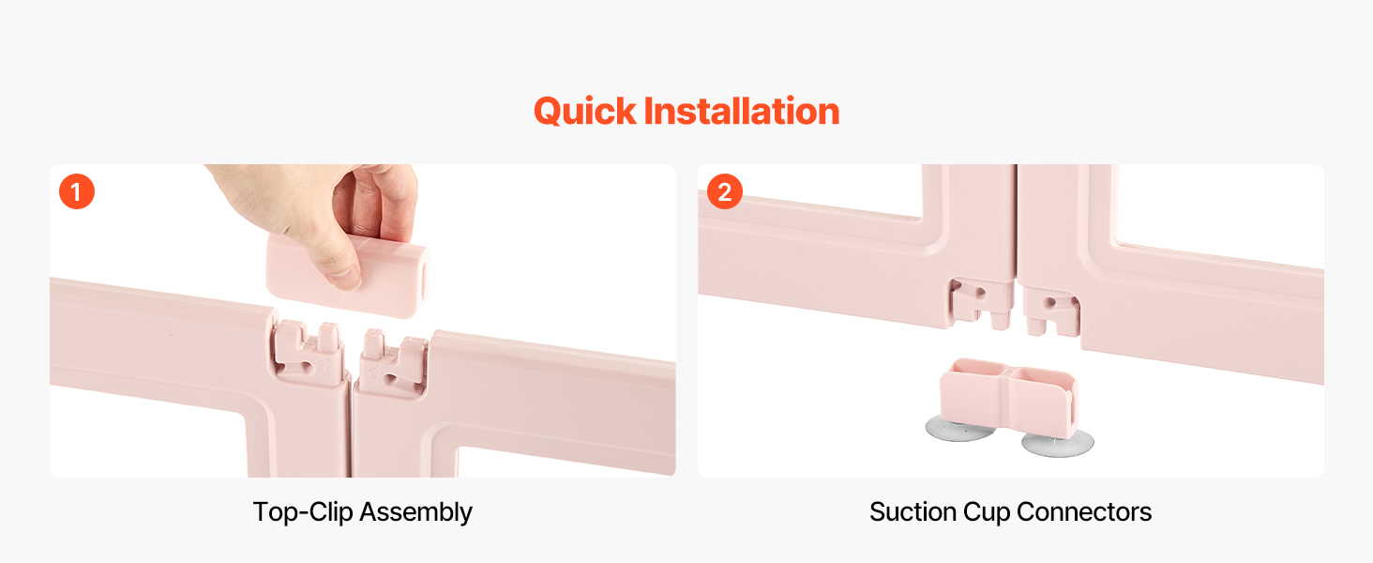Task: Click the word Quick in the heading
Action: click(x=585, y=113)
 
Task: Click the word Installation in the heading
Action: click(x=742, y=111)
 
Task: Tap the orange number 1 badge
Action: click(x=77, y=191)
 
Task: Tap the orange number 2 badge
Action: click(x=725, y=191)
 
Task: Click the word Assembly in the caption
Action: click(x=416, y=512)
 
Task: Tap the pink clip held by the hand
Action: click(x=348, y=275)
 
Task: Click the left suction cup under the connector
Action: click(x=959, y=429)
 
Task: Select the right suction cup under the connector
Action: click(x=1058, y=443)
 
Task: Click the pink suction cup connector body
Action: click(x=1008, y=396)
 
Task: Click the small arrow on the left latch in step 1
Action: click(x=322, y=366)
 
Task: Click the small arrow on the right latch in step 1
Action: click(x=373, y=373)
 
